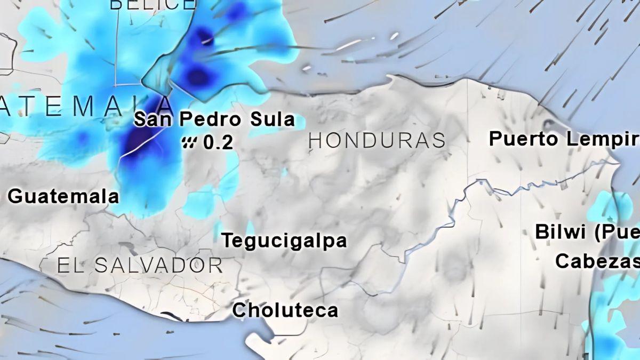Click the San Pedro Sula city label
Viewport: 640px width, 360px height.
[x=214, y=119]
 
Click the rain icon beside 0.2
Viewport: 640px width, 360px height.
[x=189, y=142]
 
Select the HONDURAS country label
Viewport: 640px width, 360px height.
[x=377, y=140]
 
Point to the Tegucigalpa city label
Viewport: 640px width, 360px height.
[x=284, y=241]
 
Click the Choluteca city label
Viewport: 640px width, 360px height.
[x=285, y=310]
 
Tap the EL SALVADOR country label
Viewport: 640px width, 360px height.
[x=140, y=265]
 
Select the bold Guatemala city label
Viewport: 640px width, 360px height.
[x=63, y=196]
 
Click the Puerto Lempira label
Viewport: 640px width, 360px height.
[x=564, y=139]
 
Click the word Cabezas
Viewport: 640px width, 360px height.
[x=596, y=261]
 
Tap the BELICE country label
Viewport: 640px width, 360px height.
[x=153, y=5]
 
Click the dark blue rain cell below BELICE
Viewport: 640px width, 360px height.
[x=198, y=76]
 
